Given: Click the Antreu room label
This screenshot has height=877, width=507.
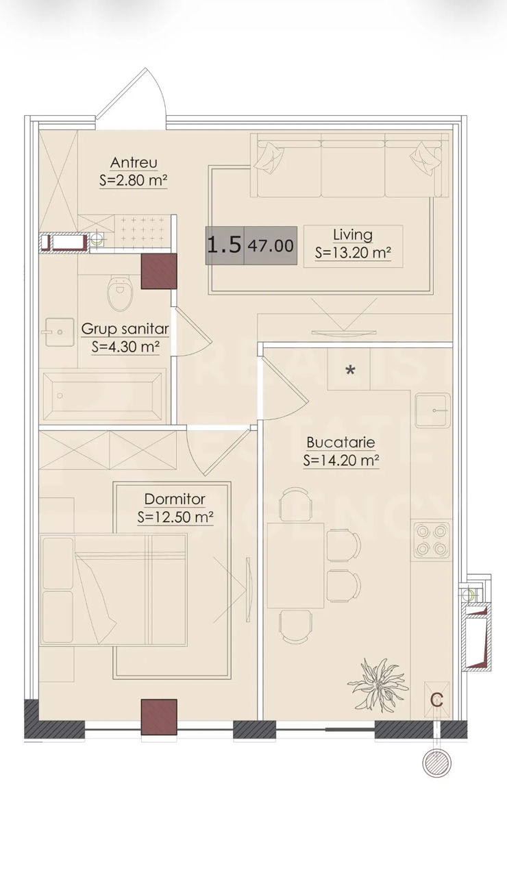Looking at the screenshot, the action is point(134,162).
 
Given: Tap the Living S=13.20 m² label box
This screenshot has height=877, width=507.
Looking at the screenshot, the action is point(353,246).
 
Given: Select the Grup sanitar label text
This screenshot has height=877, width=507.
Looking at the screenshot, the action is point(125,330).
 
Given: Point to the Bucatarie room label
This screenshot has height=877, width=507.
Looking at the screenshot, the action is point(341,443).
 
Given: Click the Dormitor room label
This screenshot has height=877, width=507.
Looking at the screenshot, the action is point(175,499).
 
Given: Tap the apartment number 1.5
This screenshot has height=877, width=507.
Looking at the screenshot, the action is point(224,245).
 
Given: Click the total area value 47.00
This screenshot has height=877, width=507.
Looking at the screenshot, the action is point(271,246).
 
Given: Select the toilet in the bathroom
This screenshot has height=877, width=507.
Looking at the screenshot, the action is point(119,293).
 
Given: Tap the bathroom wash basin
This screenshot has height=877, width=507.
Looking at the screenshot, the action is point(60,332).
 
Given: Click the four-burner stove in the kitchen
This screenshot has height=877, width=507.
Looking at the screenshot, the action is point(432,539).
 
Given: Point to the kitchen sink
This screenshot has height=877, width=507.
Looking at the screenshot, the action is point(432,410).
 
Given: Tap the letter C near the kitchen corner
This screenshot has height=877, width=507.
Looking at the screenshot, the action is point(437,700).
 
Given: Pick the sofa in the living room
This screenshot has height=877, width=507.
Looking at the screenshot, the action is point(349,165).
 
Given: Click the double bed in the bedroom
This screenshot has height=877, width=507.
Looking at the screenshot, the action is point(114,590).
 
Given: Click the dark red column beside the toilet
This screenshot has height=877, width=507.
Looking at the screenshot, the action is point(158,271).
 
